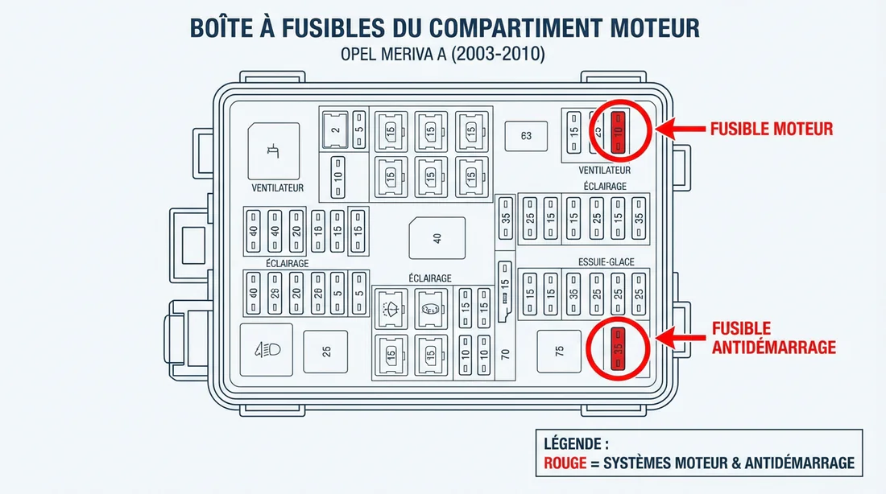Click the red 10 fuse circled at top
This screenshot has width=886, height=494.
(x=619, y=131)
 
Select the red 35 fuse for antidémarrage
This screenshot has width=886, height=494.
(x=618, y=348)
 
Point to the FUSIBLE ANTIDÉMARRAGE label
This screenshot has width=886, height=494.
(x=773, y=338)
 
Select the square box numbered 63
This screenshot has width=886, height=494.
(x=525, y=136)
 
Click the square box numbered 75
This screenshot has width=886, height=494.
(x=559, y=351)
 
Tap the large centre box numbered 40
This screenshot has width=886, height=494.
(x=437, y=238)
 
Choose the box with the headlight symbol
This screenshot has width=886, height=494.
(x=267, y=350)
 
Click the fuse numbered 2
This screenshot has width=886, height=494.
(x=334, y=130)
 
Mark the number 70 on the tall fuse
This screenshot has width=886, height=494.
(x=505, y=353)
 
